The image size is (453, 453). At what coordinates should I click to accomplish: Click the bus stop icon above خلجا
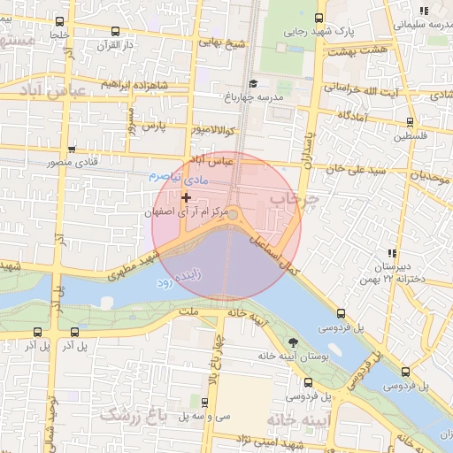59,21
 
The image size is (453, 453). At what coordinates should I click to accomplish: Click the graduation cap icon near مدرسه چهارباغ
254,84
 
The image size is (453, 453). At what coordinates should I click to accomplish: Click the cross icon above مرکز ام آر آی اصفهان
186,196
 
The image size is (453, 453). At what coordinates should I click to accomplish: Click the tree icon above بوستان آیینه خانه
293,342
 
